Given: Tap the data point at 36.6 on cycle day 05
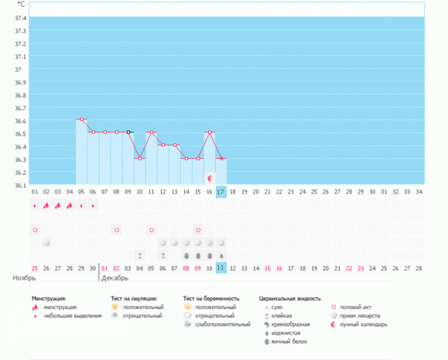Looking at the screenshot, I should click(81, 120).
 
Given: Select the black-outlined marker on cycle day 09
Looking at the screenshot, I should click(128, 132).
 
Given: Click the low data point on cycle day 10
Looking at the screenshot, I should click(140, 158).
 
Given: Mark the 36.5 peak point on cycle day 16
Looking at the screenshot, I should click(210, 132).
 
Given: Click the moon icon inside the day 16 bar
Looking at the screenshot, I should click(210, 179).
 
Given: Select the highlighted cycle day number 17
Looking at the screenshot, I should click(221, 192).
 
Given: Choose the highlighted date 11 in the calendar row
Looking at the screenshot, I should click(221, 267).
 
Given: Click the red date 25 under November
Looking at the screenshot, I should click(34, 267).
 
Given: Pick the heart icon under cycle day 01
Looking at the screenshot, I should click(34, 230).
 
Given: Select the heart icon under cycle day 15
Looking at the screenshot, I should click(198, 230).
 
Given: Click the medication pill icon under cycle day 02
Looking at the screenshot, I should click(46, 243).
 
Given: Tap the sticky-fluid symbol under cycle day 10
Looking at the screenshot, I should click(140, 255).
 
